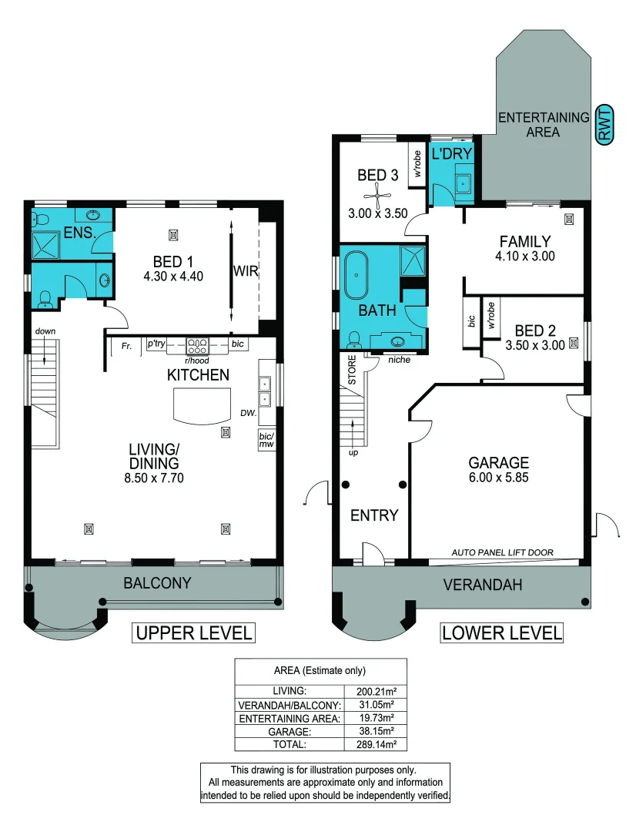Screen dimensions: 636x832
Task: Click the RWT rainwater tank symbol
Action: point(604,125)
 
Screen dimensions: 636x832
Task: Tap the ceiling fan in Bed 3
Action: point(378,195)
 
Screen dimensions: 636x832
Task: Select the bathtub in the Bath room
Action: point(356,275)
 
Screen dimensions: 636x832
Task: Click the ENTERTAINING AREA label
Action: point(543,125)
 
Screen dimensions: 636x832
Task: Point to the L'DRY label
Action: point(451,154)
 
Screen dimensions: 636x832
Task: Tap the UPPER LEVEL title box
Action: point(193,633)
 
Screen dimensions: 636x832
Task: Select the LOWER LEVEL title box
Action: point(502,633)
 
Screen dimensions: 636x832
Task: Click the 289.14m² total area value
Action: point(376,744)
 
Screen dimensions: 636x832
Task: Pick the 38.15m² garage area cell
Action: point(376,731)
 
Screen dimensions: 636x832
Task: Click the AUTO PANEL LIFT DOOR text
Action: point(502,552)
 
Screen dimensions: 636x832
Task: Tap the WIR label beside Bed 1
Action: point(246,271)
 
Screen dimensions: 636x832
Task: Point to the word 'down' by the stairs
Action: point(45,331)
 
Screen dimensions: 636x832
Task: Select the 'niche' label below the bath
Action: point(399,360)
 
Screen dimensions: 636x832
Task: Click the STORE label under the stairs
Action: point(352,370)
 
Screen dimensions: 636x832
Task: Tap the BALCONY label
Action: point(157,583)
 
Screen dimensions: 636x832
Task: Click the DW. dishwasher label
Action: point(248,412)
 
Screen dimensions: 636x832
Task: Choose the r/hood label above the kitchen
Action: point(197,361)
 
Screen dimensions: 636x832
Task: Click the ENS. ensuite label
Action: point(79,233)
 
